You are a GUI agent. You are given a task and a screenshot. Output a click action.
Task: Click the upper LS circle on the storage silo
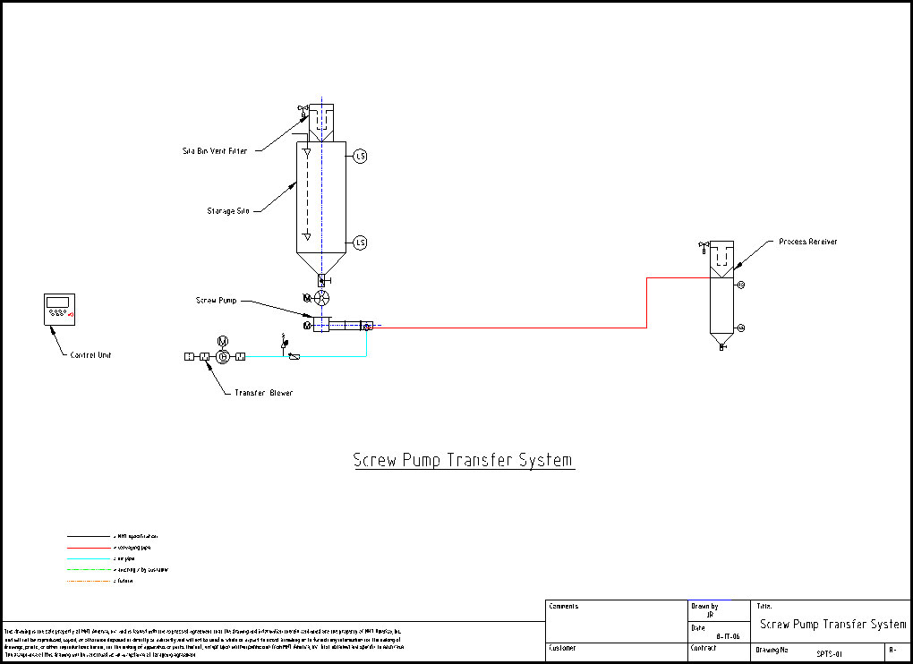click(x=361, y=156)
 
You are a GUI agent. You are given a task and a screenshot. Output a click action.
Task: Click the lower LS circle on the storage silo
click(x=361, y=243)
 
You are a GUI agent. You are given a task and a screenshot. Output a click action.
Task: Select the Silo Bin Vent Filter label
click(x=215, y=151)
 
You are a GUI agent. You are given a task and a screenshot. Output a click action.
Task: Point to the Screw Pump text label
click(x=218, y=300)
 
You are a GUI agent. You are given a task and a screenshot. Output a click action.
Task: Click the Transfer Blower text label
click(x=263, y=393)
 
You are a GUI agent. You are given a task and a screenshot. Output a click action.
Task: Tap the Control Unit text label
click(x=90, y=355)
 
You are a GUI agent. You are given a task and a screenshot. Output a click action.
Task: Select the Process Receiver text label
click(x=807, y=242)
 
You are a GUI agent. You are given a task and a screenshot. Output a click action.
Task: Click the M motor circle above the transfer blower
click(x=223, y=341)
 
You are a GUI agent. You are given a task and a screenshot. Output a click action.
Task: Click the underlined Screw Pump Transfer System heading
click(x=462, y=461)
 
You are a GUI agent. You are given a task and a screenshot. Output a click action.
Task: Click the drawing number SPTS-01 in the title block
click(x=830, y=654)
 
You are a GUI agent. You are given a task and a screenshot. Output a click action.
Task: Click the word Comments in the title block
click(x=564, y=607)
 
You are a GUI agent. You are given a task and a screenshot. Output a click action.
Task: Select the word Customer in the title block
click(x=564, y=648)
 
